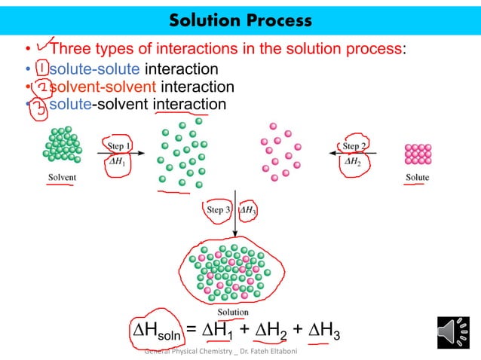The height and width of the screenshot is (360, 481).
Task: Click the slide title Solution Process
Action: point(240,19)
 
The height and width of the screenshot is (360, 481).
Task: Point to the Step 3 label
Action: point(219,210)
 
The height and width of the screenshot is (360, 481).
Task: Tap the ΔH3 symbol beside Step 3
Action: point(250,211)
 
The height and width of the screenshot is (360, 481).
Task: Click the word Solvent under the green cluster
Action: point(60,178)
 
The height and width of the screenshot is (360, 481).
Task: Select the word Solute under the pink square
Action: point(416,178)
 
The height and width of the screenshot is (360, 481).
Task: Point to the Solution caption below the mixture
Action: point(233,311)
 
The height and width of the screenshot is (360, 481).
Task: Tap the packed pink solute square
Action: point(418,154)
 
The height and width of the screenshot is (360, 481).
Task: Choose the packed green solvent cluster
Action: point(62,146)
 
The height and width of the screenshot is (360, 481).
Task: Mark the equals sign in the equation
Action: point(192,330)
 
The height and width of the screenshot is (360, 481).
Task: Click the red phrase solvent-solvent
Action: point(103,87)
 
